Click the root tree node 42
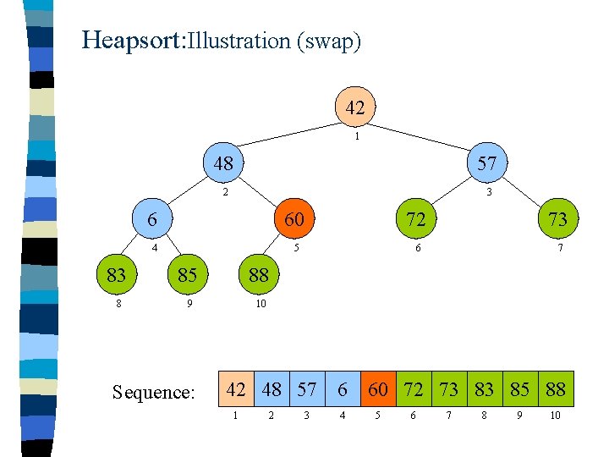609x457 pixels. point(355,107)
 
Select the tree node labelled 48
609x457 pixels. point(223,163)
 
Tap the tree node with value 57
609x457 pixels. point(486,163)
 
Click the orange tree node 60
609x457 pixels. point(294,219)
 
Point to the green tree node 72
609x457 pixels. point(415,219)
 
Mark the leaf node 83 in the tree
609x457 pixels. point(117,274)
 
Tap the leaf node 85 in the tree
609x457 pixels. point(188,274)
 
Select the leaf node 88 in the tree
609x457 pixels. point(259,274)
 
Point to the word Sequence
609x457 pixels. point(153,392)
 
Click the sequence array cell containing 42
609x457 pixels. point(237,389)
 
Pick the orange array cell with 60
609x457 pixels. point(378,389)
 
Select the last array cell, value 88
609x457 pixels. point(556,389)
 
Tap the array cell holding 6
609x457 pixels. point(343,389)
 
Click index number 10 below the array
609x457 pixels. point(555,416)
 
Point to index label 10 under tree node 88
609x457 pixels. point(261,304)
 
